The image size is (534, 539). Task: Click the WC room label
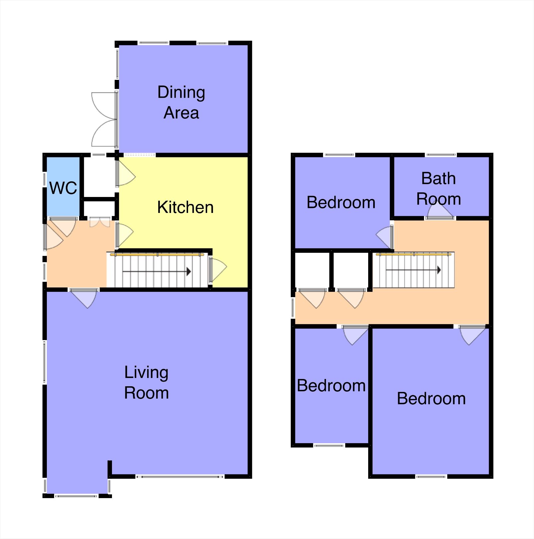[x=63, y=188]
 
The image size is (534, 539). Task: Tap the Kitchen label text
[x=185, y=207]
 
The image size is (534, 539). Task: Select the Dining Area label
[x=181, y=102]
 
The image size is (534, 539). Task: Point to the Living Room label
[x=146, y=382]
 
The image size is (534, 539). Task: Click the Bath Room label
[x=438, y=189]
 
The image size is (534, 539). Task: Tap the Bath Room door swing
[x=440, y=211]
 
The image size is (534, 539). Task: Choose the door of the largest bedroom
[x=472, y=334]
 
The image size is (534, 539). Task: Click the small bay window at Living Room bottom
[x=76, y=496]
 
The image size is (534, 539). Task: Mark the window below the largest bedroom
[x=431, y=477]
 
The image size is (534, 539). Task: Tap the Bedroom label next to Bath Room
[x=341, y=202]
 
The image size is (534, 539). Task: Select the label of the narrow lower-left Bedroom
[x=331, y=386]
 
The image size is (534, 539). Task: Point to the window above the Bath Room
[x=441, y=155]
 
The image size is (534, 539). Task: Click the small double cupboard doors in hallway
[x=99, y=222]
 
